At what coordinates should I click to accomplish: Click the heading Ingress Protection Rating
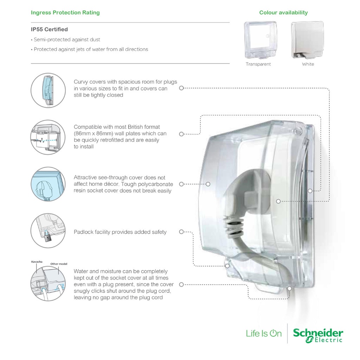click(x=65, y=12)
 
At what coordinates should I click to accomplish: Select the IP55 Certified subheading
click(x=49, y=30)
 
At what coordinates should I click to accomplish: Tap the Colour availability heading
click(x=284, y=12)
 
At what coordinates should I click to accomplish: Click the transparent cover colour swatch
click(x=261, y=40)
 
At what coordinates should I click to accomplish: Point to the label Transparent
click(x=258, y=64)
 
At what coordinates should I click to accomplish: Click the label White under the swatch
click(x=308, y=64)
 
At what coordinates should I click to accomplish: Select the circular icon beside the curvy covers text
click(x=48, y=90)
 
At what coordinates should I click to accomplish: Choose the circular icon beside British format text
click(x=48, y=137)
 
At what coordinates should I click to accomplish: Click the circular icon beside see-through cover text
click(x=48, y=184)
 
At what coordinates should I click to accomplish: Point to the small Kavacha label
click(x=37, y=262)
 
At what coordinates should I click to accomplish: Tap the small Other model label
click(x=59, y=264)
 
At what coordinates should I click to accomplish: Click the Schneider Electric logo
click(x=318, y=335)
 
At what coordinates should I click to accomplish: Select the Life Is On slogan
click(x=264, y=333)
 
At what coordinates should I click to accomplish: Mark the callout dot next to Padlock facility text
click(x=181, y=232)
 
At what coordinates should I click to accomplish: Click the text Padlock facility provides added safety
click(x=120, y=232)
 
